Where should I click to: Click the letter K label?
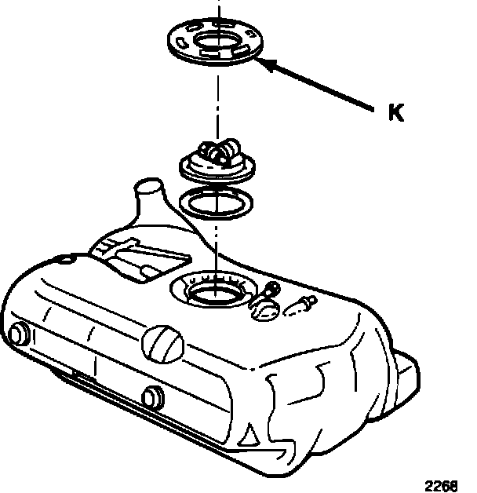395,113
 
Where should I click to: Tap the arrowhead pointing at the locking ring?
267,63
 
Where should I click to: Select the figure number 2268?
442,484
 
